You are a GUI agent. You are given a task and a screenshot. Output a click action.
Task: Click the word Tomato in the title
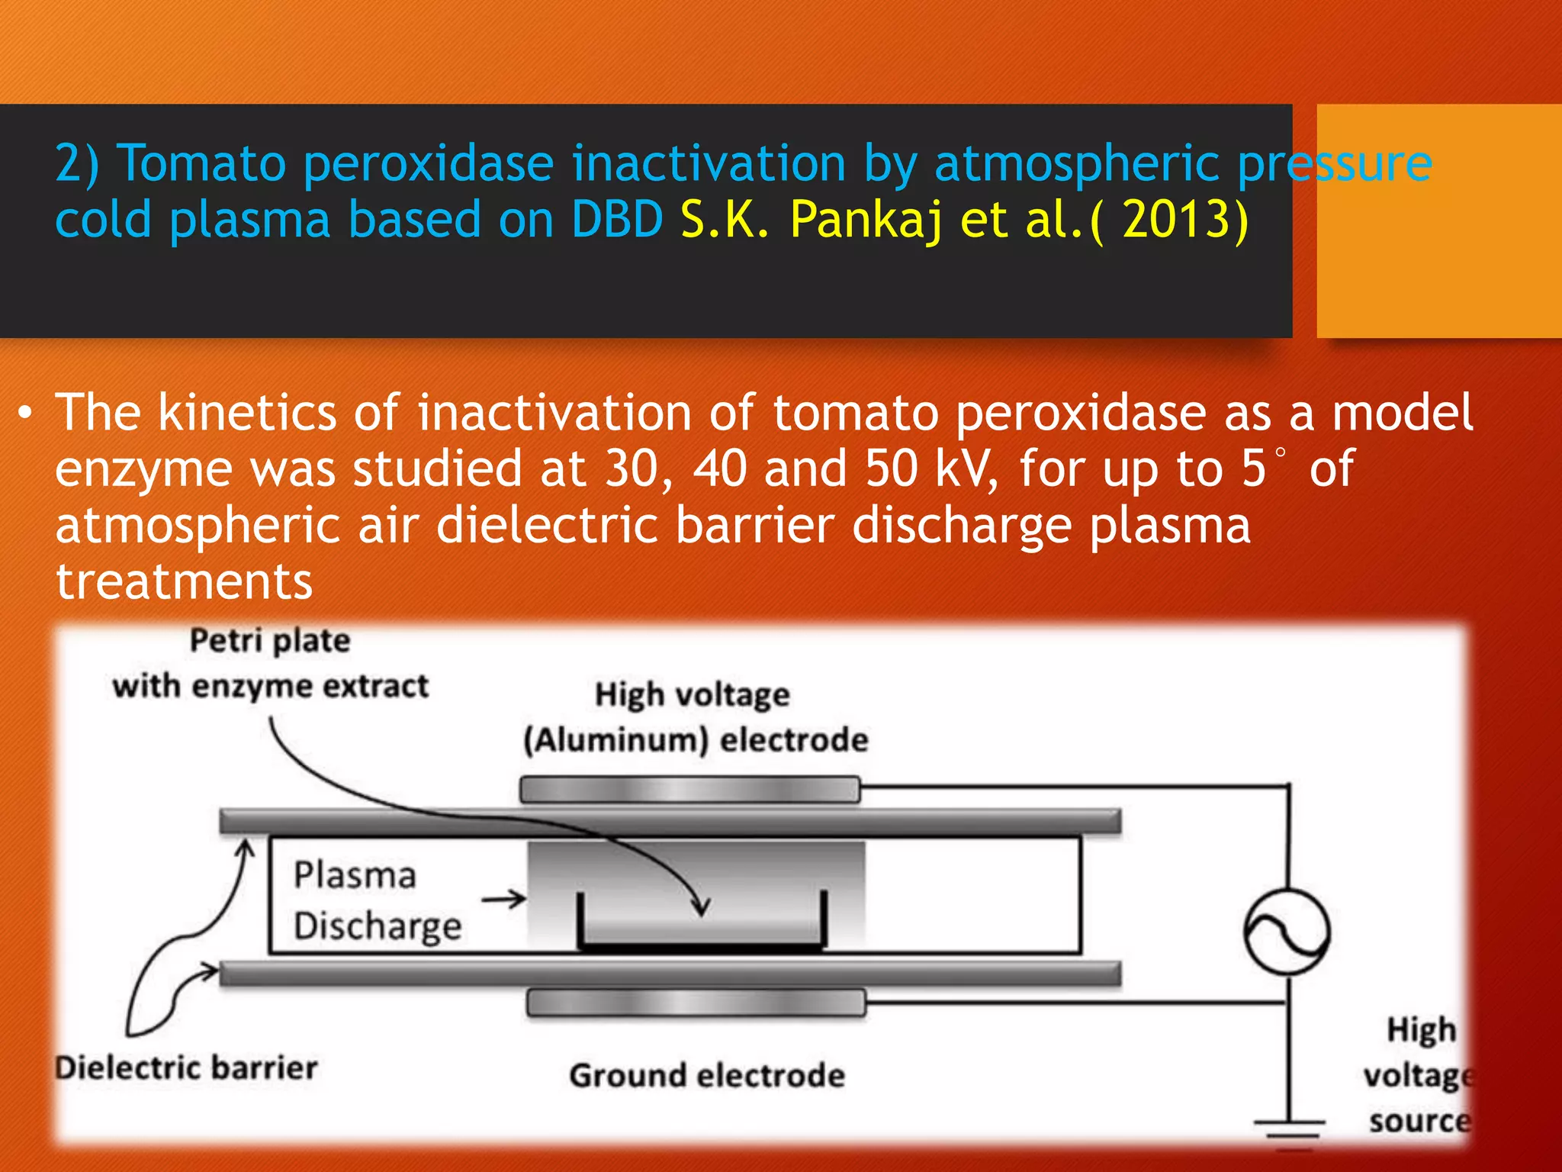pos(203,164)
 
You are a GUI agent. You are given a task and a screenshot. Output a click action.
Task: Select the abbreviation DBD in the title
pos(616,221)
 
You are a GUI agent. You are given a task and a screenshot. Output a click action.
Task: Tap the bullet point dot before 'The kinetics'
pos(26,414)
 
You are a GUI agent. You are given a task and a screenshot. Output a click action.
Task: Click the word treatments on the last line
pos(184,582)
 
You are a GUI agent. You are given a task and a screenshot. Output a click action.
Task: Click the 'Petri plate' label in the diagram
pos(270,640)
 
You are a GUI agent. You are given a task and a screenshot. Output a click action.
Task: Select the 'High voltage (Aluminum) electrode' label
pos(694,717)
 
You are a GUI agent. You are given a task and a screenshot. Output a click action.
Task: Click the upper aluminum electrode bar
pos(689,790)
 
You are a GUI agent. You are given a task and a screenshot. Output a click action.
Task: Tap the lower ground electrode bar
pos(696,1003)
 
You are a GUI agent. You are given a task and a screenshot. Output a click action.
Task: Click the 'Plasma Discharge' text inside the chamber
pos(377,900)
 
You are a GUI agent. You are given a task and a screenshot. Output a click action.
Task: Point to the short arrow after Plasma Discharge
pos(503,900)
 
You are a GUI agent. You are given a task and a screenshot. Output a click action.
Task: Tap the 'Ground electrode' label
pos(706,1076)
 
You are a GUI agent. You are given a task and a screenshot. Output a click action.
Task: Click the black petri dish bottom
pos(701,947)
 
